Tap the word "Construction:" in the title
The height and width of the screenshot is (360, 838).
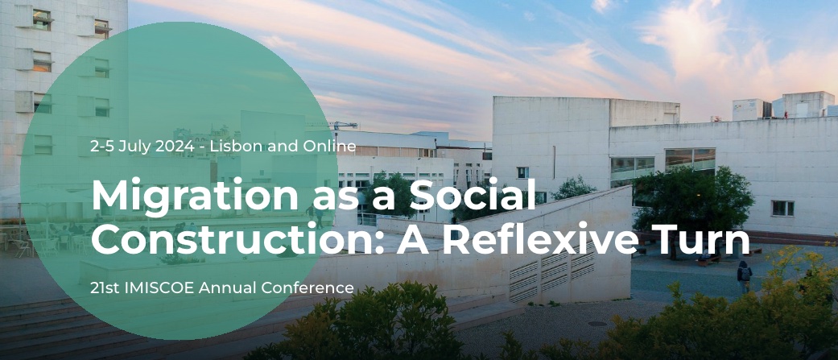click(233, 239)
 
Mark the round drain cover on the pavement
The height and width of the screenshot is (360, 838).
click(596, 324)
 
